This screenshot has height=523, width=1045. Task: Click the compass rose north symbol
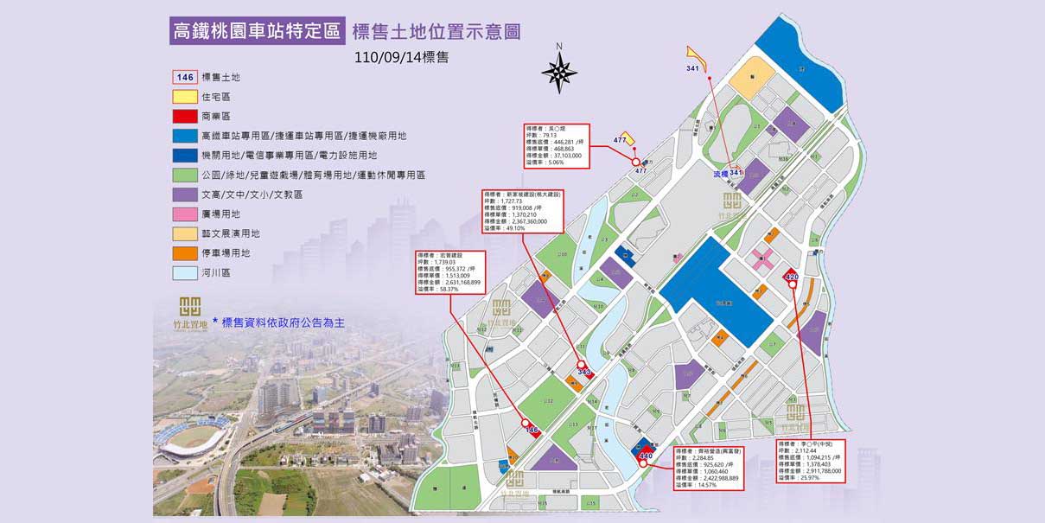click(560, 72)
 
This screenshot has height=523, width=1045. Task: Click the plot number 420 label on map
click(791, 277)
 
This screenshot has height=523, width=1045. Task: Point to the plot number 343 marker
click(584, 372)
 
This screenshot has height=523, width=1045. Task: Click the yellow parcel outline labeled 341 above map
click(696, 60)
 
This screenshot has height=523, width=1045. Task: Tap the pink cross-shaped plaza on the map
click(762, 258)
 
